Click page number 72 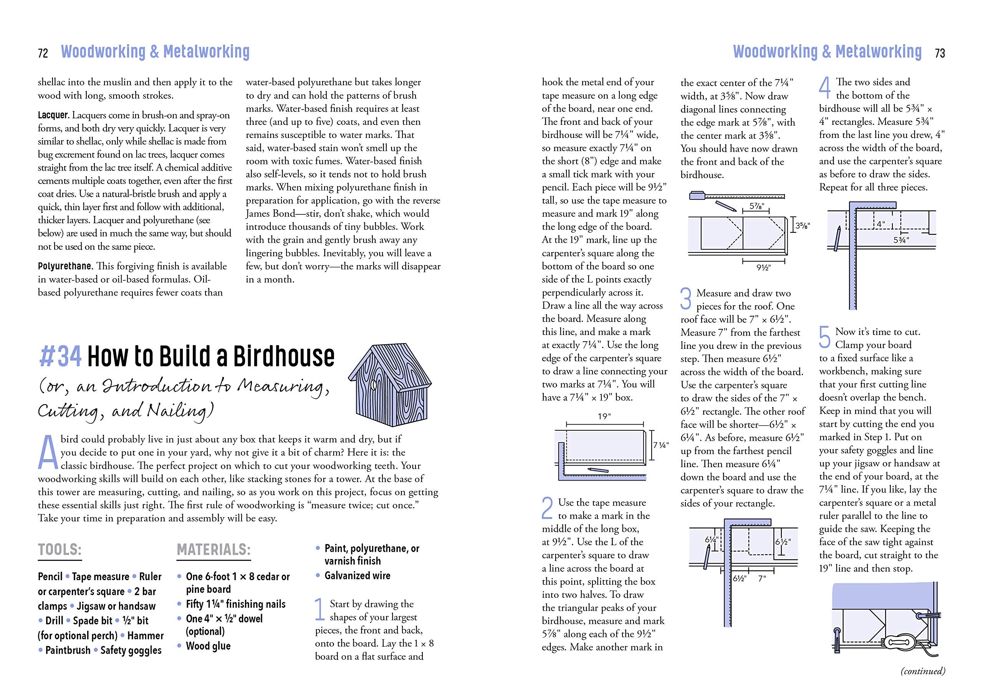point(43,53)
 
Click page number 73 point(940,53)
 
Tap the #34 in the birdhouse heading point(60,357)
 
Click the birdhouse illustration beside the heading point(390,385)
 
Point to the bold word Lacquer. point(53,115)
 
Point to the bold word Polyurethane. point(65,266)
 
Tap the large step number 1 point(319,609)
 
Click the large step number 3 point(686,298)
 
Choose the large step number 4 point(824,88)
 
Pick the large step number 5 point(824,337)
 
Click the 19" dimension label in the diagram point(604,416)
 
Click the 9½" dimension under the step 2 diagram point(763,268)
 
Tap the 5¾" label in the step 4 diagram point(901,240)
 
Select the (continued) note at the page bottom point(922,671)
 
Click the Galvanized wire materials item point(357,576)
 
